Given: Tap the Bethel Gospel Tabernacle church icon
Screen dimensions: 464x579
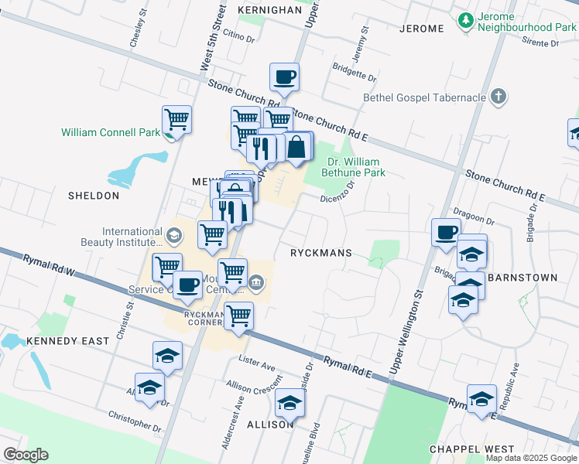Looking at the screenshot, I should [x=499, y=97].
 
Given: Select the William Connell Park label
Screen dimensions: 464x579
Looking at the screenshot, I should [x=111, y=132].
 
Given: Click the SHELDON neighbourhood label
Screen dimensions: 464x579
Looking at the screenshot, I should [x=94, y=196].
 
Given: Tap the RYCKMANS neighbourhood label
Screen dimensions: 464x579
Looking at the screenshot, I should [x=321, y=253].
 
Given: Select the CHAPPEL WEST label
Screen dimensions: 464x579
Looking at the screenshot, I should [x=471, y=449].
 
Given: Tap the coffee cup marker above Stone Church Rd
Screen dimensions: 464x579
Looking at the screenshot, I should [x=284, y=77].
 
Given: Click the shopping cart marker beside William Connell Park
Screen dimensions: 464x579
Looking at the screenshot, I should [x=177, y=120].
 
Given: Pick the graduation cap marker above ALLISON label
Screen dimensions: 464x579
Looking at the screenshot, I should [x=290, y=402].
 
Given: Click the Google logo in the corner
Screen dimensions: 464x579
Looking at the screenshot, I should [x=26, y=455].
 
